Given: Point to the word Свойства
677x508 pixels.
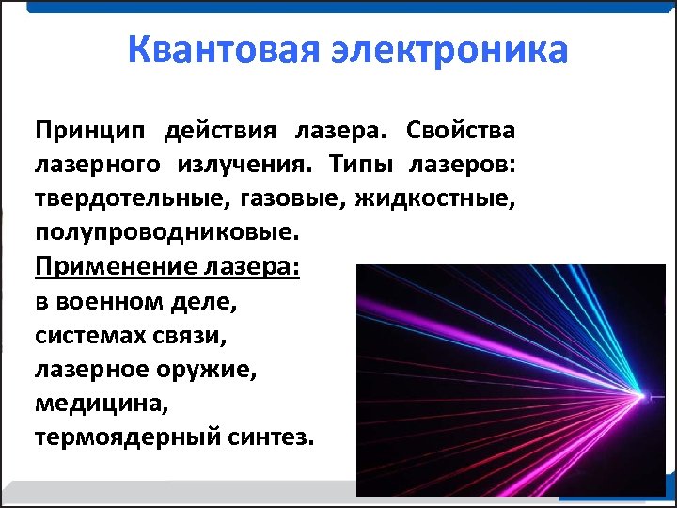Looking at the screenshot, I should pyautogui.click(x=463, y=129).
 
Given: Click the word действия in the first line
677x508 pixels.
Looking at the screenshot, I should pyautogui.click(x=221, y=129).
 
